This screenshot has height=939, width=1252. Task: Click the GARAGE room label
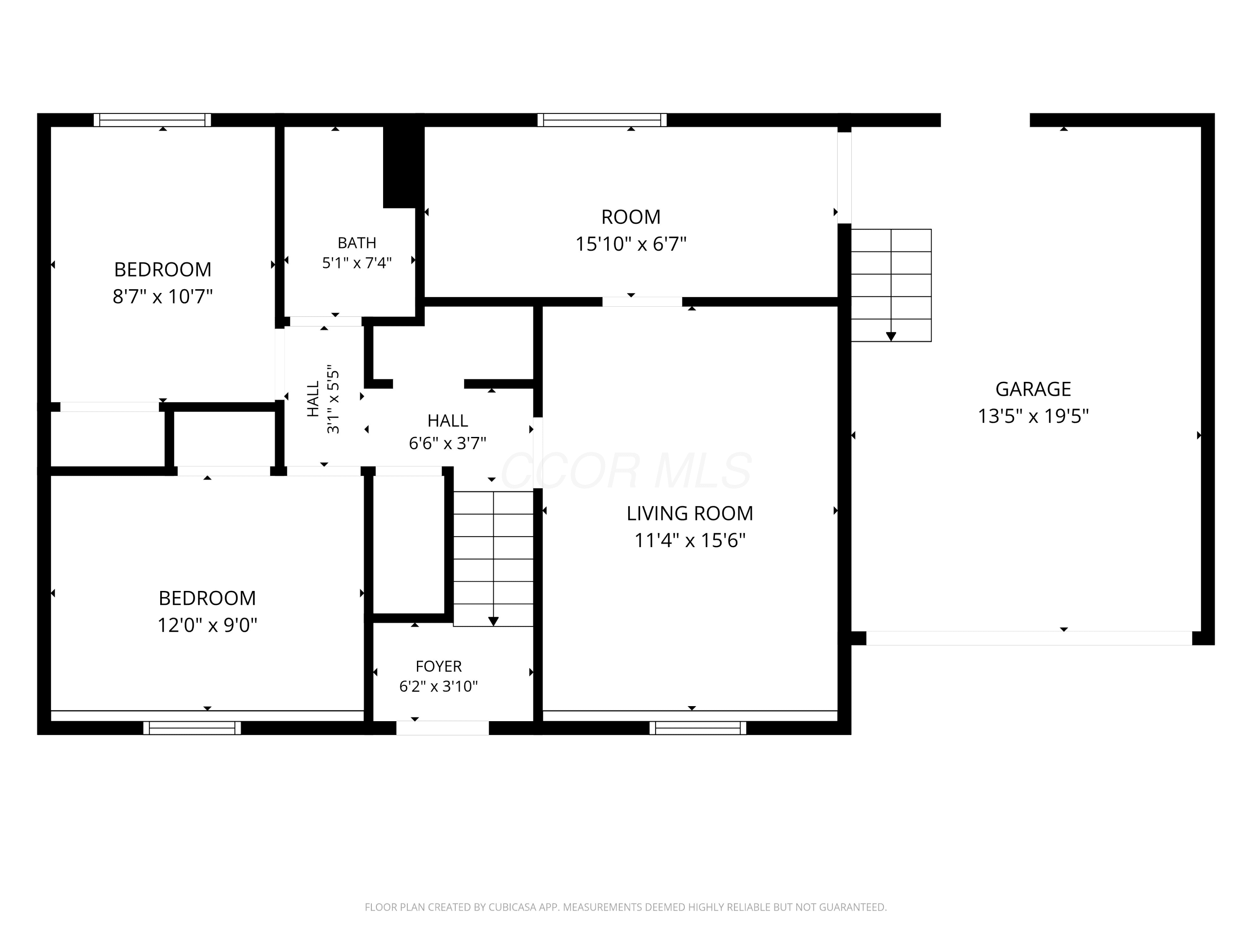pyautogui.click(x=1033, y=389)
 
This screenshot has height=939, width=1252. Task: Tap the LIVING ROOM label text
pyautogui.click(x=689, y=513)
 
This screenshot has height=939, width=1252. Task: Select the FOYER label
pyautogui.click(x=439, y=666)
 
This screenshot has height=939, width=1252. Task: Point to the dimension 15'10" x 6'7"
pyautogui.click(x=631, y=244)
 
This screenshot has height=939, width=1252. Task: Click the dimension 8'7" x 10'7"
pyautogui.click(x=162, y=296)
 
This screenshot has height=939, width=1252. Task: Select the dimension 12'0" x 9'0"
pyautogui.click(x=207, y=625)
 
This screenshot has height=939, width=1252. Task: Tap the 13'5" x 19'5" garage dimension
pyautogui.click(x=1033, y=416)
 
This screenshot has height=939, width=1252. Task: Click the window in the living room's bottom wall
pyautogui.click(x=698, y=728)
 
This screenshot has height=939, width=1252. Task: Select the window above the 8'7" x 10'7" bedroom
pyautogui.click(x=152, y=120)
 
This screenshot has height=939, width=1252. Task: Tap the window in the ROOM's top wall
pyautogui.click(x=602, y=120)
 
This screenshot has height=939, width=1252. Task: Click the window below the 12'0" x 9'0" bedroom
pyautogui.click(x=192, y=728)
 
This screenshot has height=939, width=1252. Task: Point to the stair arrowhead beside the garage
pyautogui.click(x=891, y=337)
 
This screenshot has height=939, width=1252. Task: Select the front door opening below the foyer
pyautogui.click(x=443, y=728)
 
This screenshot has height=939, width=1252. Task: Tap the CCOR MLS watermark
pyautogui.click(x=626, y=470)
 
